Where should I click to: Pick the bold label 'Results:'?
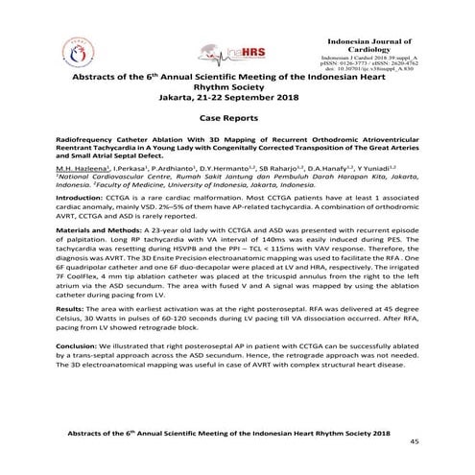pyautogui.click(x=72, y=338)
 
